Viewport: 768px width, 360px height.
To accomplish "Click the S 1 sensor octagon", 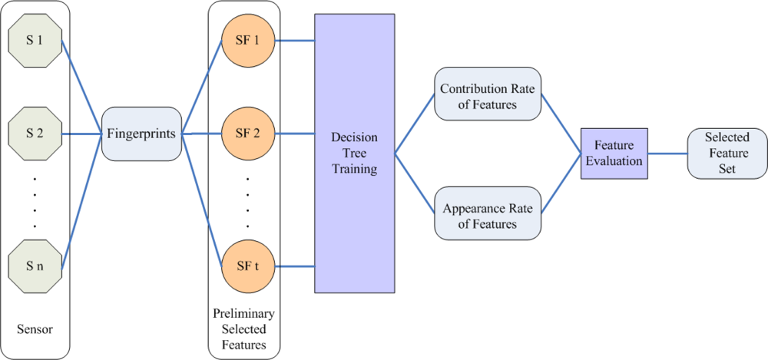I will pos(35,40).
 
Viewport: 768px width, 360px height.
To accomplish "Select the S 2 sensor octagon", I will pos(35,133).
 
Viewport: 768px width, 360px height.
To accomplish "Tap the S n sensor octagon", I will pos(35,266).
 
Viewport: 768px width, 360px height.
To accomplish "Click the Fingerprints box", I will pos(141,134).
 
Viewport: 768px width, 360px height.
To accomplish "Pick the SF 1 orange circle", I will pos(247,40).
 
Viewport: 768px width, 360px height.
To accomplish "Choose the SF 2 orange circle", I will pos(247,133).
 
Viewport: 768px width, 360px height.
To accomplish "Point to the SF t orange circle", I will pos(247,266).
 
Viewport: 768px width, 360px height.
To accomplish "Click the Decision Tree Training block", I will pos(354,153).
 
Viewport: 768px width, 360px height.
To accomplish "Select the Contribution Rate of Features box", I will pos(488,97).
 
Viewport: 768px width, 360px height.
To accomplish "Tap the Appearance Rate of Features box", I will pos(488,216).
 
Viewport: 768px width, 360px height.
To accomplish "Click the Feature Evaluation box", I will pos(614,154).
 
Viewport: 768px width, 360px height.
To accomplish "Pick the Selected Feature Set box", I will pos(727,153).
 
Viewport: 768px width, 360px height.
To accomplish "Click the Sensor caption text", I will pos(35,329).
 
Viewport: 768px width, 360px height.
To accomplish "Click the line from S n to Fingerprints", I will pos(81,201).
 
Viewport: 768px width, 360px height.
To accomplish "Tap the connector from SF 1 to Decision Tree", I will pos(296,40).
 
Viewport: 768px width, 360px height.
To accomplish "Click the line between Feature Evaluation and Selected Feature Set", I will pos(667,154).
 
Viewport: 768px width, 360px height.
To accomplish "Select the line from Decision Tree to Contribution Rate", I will pos(415,125).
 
